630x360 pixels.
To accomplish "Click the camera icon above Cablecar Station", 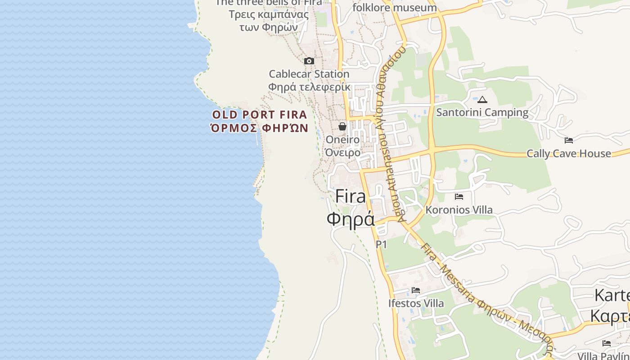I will point(309,61).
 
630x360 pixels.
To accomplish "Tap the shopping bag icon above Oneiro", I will point(342,126).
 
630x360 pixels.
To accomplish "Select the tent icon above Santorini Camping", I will point(482,99).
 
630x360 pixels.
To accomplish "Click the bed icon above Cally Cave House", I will point(569,140).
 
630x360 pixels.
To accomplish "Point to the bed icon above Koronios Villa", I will point(459,197).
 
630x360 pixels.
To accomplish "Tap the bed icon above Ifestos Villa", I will point(416,290).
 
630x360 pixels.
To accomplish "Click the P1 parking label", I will point(381,244).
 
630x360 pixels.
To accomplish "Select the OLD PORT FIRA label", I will point(260,115).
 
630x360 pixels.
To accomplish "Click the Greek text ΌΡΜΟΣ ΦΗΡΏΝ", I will point(260,128).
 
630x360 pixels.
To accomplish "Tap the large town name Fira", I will point(351,197).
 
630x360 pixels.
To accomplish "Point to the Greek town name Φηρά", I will point(351,219).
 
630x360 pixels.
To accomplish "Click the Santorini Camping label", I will point(482,112).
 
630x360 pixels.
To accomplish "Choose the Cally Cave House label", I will point(569,153).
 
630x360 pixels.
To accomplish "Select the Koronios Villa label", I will point(459,210).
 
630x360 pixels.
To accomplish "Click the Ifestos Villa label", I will point(416,303).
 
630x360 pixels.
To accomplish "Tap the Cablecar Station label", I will point(309,74).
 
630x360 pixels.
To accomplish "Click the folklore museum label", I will point(395,8).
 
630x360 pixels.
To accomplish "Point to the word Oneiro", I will point(342,139).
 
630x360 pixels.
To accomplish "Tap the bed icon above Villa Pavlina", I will point(607,343).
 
